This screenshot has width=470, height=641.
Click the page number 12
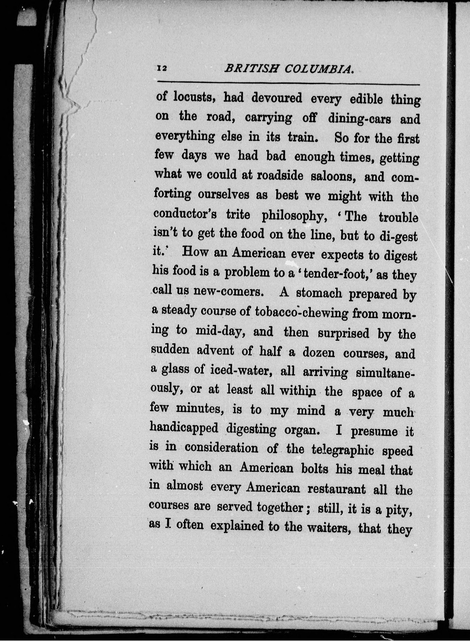[x=162, y=68]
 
